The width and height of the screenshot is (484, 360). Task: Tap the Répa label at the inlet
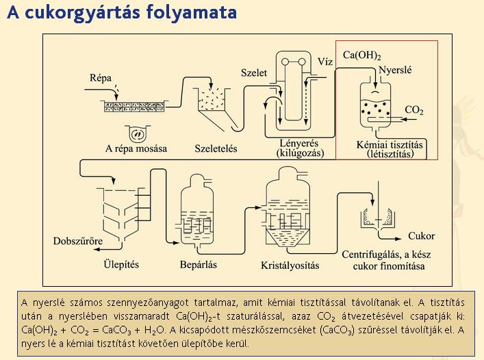(101, 78)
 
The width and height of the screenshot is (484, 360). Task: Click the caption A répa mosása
(136, 149)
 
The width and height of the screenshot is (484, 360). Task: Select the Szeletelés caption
(216, 149)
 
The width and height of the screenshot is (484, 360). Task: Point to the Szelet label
(254, 73)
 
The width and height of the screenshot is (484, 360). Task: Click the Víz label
(325, 62)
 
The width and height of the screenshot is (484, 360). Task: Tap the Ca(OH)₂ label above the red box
(361, 55)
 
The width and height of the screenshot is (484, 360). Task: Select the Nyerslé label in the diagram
(395, 70)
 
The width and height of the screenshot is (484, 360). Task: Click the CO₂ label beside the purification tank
(414, 110)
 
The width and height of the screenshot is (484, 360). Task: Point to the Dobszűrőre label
(78, 241)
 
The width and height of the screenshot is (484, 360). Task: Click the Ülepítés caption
(121, 264)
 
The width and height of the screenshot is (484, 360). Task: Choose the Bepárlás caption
(198, 265)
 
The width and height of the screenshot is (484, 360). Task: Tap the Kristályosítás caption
(290, 266)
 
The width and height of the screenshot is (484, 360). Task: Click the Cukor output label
(421, 236)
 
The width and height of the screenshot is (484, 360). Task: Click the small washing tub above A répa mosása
(138, 133)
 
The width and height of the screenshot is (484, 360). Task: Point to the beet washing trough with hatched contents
(134, 106)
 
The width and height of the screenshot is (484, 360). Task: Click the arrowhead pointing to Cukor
(398, 238)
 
